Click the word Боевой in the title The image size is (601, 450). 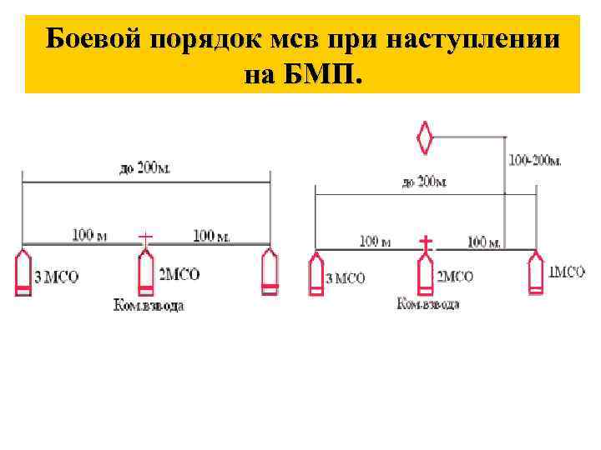(93, 38)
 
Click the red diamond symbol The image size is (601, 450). (427, 137)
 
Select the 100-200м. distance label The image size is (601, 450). (535, 159)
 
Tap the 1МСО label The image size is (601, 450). (568, 270)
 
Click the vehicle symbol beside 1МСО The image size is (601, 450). (536, 272)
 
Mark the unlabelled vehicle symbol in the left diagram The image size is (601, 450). (268, 272)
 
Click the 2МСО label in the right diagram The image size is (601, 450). (455, 277)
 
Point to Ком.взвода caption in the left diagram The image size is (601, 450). (149, 305)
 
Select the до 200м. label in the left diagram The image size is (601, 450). (145, 168)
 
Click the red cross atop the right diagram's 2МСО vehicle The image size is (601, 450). (426, 243)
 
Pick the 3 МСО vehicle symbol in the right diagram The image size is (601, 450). (316, 275)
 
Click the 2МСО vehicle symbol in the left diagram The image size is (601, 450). (145, 272)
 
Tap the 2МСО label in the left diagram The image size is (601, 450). (179, 274)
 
